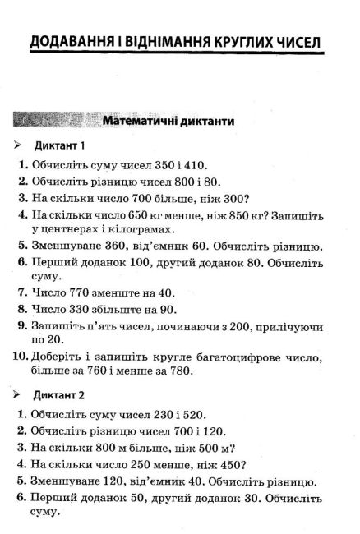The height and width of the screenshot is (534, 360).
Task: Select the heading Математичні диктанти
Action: click(168, 122)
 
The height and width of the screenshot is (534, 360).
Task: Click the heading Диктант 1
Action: click(60, 145)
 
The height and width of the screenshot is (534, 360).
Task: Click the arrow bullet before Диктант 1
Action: click(19, 145)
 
